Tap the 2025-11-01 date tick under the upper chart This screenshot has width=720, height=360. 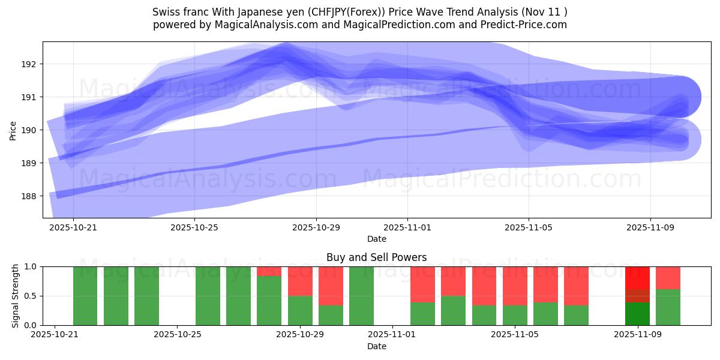tap(407, 228)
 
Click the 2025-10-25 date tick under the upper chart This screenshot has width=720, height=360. tap(195, 228)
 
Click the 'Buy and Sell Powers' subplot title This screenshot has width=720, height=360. tap(376, 257)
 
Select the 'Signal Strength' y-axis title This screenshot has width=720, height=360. tap(14, 296)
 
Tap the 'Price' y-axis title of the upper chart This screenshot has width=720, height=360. tap(13, 130)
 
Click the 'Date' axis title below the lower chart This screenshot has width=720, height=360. tap(376, 346)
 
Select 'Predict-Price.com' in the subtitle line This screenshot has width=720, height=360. tap(526, 25)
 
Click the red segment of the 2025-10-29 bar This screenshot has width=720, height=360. tap(300, 281)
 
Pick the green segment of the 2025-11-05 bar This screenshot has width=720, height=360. tap(515, 315)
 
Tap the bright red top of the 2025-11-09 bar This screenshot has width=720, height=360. tap(637, 277)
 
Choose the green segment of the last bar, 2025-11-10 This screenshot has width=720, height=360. tap(668, 307)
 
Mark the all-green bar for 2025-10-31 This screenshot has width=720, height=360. tap(361, 296)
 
